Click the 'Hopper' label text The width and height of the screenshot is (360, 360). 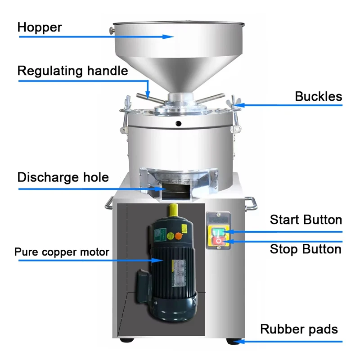[40, 27]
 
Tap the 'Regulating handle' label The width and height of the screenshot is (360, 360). [72, 71]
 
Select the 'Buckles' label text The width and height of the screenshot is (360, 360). [319, 96]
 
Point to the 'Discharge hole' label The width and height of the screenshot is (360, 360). [63, 177]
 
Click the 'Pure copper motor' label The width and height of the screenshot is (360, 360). [62, 252]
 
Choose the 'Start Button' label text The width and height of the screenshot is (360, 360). [306, 220]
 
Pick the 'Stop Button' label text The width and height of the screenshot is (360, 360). [306, 249]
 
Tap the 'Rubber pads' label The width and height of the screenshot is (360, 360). [299, 329]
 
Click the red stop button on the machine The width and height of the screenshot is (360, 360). [218, 241]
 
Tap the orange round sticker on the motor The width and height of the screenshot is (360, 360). [178, 236]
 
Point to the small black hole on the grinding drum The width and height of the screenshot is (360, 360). [178, 124]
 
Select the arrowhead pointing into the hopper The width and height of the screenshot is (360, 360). [168, 37]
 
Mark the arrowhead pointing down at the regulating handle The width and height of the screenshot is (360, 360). [148, 95]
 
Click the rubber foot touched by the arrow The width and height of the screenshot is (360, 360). [233, 341]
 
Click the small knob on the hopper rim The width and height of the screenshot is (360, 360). [112, 31]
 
